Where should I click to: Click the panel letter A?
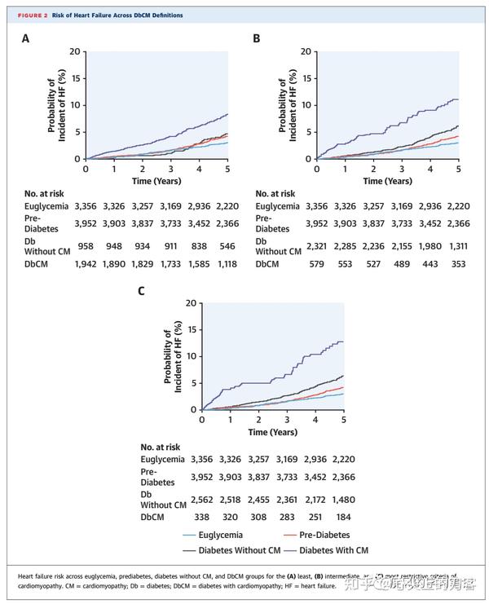tap(25, 38)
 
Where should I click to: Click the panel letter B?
tap(257, 38)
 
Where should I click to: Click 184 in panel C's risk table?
tap(341, 516)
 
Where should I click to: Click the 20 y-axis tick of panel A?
tap(77, 51)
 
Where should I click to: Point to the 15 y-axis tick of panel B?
tap(307, 78)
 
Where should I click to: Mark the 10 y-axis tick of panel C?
tap(192, 356)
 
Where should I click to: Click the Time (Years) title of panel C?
tap(273, 430)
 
